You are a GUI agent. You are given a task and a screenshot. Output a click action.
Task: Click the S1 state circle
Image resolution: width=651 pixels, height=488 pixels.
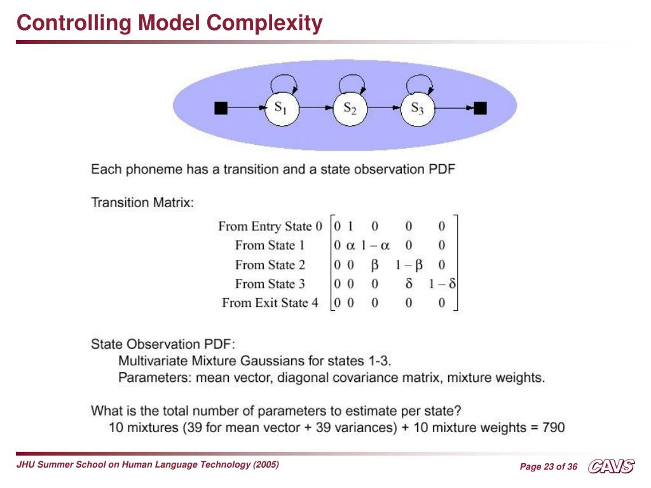pos(281,109)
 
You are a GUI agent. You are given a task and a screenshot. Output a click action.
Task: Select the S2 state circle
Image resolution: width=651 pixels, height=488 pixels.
pos(350,109)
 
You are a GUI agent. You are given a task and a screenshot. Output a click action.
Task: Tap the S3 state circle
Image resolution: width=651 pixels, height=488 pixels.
pos(418,109)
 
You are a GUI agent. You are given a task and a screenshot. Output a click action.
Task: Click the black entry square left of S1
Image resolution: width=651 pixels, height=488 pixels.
pos(221,108)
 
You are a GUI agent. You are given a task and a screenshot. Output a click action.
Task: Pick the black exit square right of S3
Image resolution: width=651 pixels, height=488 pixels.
pos(480,108)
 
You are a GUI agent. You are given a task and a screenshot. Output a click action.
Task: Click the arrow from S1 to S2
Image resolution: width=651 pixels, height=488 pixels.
pos(316,109)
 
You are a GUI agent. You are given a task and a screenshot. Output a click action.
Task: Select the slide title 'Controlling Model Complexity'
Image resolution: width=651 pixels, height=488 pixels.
pos(170,24)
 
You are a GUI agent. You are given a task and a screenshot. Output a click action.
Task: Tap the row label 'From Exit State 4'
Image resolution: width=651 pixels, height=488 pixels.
pos(270,302)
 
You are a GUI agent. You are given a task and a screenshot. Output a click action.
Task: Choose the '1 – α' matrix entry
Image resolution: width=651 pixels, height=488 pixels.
pos(375,245)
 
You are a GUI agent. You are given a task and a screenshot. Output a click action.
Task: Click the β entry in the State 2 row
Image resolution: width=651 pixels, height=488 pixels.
pos(375,264)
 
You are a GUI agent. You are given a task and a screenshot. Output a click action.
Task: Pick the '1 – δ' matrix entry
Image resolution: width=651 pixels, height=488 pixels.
pos(442,283)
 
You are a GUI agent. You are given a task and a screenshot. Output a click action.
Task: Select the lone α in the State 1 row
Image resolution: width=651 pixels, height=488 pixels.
pos(350,245)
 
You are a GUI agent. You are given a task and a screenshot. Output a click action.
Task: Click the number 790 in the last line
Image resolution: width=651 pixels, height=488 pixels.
pos(553,428)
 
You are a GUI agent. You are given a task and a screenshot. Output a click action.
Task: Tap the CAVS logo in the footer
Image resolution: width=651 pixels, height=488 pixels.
pos(611,467)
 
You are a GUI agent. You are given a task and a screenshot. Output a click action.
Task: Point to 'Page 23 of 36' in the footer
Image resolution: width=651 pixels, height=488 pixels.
pos(549,467)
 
